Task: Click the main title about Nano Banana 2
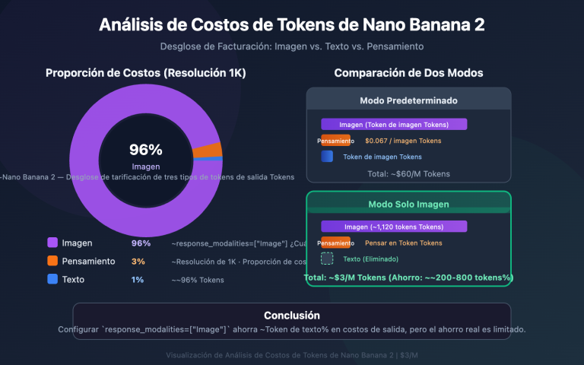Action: [x=292, y=25]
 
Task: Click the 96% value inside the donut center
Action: [x=145, y=150]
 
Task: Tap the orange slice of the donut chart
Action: [x=207, y=151]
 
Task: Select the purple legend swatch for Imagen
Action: [x=52, y=243]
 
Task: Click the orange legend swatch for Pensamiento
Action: [x=52, y=261]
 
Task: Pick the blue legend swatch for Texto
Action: [x=52, y=279]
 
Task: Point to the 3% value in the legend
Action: [x=138, y=261]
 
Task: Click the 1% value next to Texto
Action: [x=138, y=279]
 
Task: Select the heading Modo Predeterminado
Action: [x=408, y=100]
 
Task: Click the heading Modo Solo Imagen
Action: [x=408, y=204]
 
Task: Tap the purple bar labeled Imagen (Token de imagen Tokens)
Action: [x=394, y=124]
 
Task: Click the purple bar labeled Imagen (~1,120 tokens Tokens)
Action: [x=394, y=226]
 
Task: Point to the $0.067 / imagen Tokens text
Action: [x=403, y=141]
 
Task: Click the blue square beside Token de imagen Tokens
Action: [x=327, y=157]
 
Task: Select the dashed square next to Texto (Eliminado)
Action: [x=327, y=259]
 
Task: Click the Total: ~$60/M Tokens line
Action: [x=408, y=173]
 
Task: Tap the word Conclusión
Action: [x=292, y=315]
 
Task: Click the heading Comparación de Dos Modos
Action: [x=408, y=73]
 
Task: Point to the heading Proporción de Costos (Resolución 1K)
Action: [x=146, y=73]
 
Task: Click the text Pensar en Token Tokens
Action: [x=403, y=243]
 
